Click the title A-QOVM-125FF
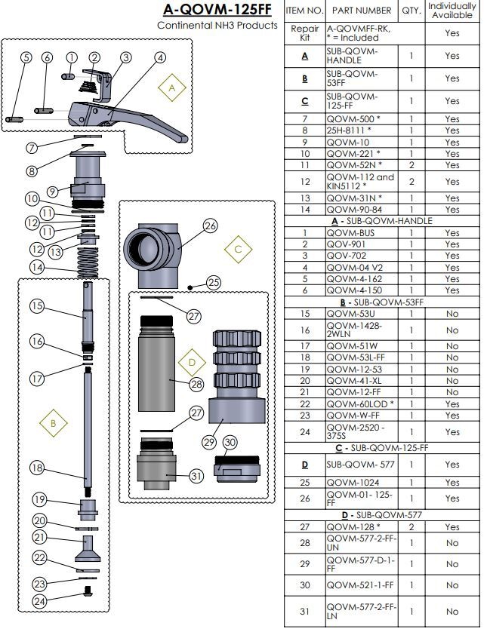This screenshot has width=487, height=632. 217,10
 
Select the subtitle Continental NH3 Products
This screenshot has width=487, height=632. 217,25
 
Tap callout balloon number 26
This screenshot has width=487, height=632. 210,225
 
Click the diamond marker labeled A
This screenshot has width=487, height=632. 171,87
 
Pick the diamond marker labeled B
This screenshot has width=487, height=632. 53,423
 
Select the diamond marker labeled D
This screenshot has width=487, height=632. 192,362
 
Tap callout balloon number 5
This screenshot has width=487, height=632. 26,58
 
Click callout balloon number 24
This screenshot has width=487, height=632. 40,601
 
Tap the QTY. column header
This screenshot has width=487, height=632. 411,11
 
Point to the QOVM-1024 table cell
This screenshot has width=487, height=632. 351,482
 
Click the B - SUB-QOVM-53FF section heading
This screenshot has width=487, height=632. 378,302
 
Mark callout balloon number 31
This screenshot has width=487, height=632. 196,476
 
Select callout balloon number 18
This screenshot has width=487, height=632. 37,468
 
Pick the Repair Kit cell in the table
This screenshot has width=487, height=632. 305,32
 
